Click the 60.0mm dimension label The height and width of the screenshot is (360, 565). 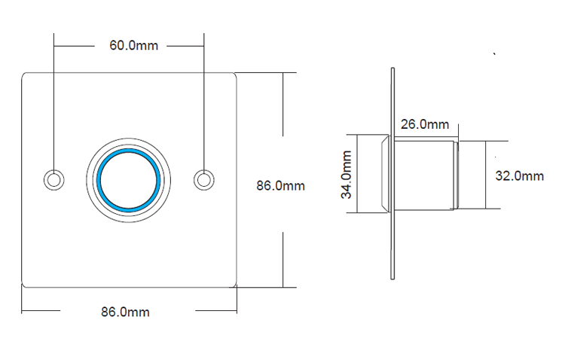[x=134, y=45]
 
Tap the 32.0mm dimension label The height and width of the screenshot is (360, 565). [x=519, y=175]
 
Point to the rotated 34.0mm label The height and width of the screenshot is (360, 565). [x=347, y=174]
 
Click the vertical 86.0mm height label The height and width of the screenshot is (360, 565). [x=280, y=185]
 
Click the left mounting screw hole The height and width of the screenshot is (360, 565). [x=53, y=179]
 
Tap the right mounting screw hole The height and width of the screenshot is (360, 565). [x=203, y=179]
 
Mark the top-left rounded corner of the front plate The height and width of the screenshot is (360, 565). [x=25, y=75]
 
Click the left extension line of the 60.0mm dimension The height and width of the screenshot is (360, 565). [x=53, y=98]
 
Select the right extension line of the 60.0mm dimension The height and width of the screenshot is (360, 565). [x=203, y=98]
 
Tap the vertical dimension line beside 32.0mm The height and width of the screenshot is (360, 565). [x=486, y=175]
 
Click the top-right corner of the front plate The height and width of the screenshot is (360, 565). [x=234, y=75]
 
